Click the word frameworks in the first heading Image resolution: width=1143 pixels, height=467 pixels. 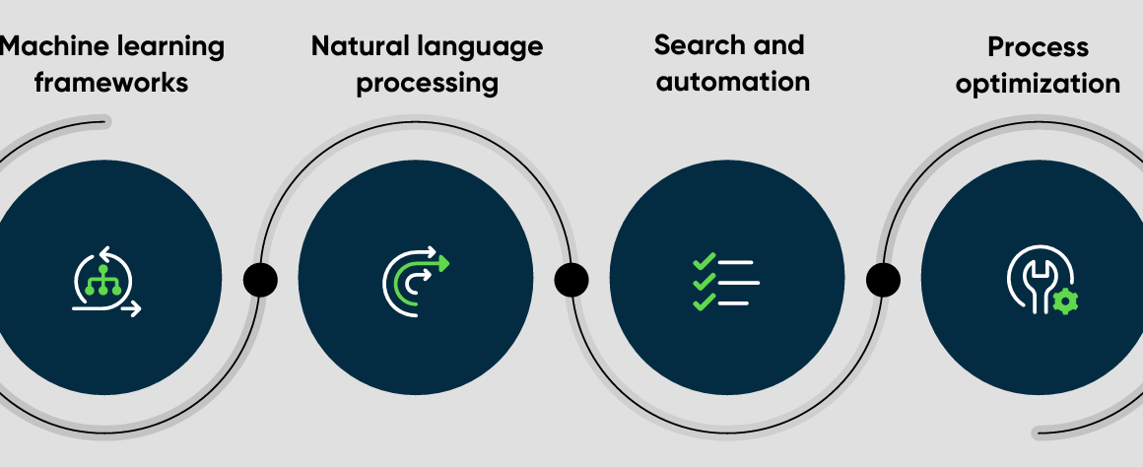coord(110,83)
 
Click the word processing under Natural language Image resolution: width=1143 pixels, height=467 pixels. coord(428,83)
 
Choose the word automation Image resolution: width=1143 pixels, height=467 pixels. coord(732,81)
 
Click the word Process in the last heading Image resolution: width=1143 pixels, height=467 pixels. coord(1038,47)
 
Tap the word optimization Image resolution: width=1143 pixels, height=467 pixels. coord(1038,84)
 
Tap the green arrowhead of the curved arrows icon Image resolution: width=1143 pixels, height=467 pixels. coord(442,264)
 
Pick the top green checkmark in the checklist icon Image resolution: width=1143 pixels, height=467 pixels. coord(704,261)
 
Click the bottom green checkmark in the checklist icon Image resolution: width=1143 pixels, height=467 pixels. coord(704,301)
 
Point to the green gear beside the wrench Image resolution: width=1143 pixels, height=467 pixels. coord(1066,300)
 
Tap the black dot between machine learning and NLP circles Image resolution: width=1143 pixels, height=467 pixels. coord(260,280)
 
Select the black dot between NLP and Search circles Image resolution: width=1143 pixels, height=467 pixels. coord(571,280)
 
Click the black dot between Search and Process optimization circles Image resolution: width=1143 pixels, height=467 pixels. coord(883,280)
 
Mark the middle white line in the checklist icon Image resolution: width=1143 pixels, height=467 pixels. coord(739,282)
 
